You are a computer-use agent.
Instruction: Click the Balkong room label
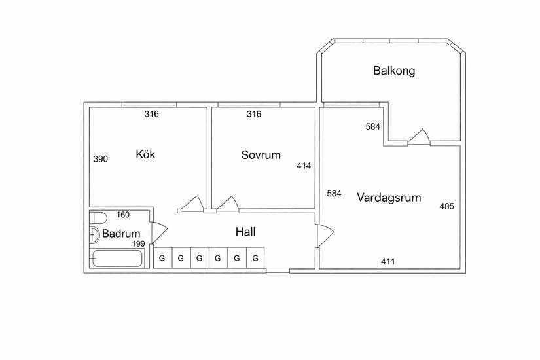click(x=394, y=71)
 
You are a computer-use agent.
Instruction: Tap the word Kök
click(x=145, y=154)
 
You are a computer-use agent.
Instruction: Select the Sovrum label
click(x=261, y=155)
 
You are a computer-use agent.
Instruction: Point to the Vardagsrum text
click(x=389, y=198)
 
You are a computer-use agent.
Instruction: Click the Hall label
click(x=245, y=232)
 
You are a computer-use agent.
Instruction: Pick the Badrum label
click(x=121, y=234)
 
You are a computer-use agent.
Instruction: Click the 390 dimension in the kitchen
click(x=101, y=159)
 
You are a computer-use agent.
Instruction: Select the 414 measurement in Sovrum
click(x=304, y=166)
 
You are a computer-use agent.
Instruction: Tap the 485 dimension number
click(x=446, y=206)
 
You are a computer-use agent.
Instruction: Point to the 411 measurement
click(x=387, y=261)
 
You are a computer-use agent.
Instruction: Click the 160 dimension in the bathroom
click(x=123, y=215)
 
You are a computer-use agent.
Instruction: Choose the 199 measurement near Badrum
click(x=139, y=244)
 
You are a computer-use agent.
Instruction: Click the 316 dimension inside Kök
click(x=152, y=114)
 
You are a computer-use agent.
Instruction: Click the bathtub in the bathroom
click(x=117, y=259)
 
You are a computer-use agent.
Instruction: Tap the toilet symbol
click(x=98, y=218)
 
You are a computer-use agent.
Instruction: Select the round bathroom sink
click(x=94, y=235)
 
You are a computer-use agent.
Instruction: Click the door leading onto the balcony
click(x=419, y=137)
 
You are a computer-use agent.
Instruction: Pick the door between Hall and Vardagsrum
click(x=325, y=236)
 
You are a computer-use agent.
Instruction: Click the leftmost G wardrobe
click(x=162, y=258)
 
